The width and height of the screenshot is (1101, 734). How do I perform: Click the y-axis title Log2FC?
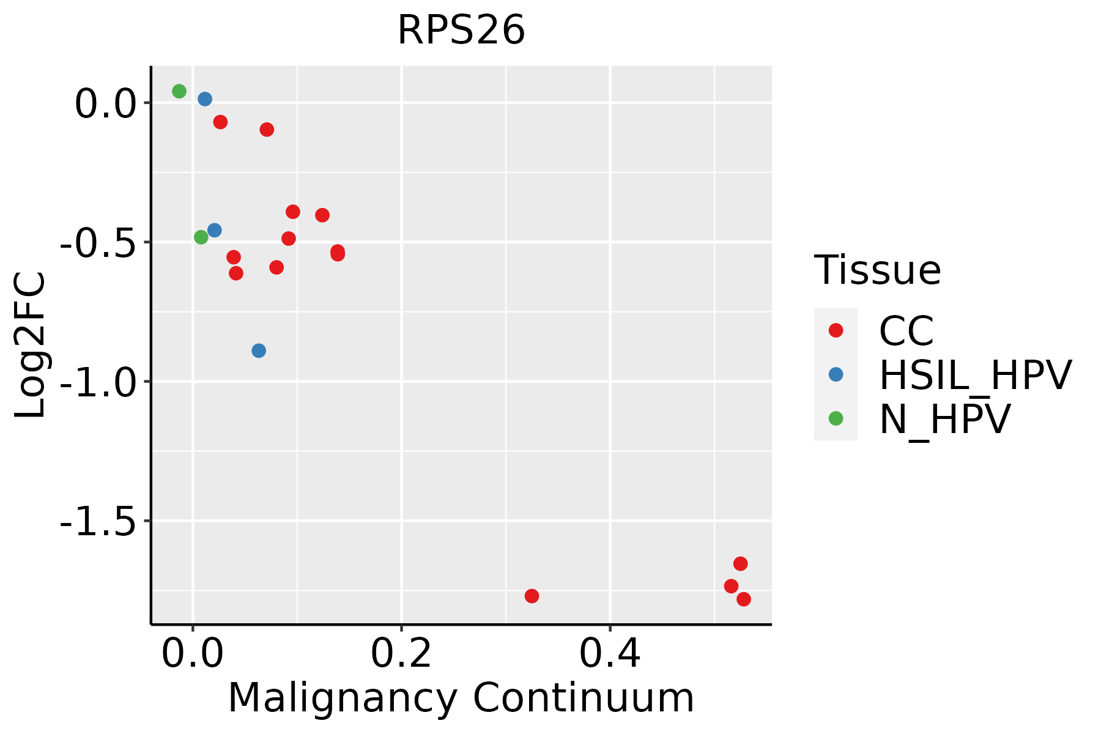(31, 345)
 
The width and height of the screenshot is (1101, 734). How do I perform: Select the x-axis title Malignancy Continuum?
(461, 699)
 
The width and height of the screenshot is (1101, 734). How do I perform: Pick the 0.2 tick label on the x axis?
(401, 654)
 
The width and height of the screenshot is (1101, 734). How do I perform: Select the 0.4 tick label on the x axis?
(610, 654)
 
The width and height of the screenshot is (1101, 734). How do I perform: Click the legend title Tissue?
(878, 270)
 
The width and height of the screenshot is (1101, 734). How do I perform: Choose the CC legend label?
(906, 331)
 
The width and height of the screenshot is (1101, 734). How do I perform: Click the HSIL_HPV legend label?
(976, 375)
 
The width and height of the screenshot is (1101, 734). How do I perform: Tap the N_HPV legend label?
(945, 419)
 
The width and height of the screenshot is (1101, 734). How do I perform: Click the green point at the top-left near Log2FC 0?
(179, 91)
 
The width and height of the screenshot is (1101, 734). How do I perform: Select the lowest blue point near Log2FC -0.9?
(259, 350)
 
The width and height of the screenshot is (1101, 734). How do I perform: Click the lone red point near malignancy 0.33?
(532, 596)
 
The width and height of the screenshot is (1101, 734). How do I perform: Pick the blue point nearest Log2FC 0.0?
(205, 99)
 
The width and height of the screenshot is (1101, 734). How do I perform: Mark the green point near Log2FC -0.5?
(201, 237)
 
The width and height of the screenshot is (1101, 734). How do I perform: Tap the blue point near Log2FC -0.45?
(215, 230)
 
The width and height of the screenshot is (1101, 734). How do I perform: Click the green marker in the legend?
(836, 418)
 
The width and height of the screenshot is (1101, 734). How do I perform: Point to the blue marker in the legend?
(836, 374)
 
